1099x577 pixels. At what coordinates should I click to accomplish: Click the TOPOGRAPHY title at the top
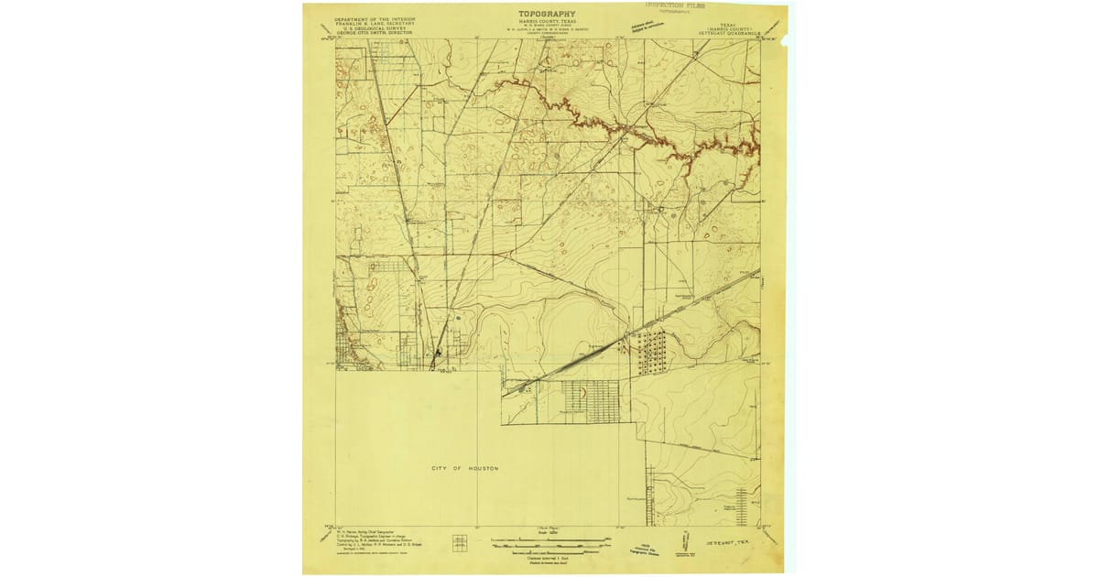click(547, 14)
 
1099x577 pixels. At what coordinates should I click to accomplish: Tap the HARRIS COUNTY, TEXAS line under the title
click(547, 22)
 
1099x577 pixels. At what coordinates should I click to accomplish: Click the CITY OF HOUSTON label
click(465, 468)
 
